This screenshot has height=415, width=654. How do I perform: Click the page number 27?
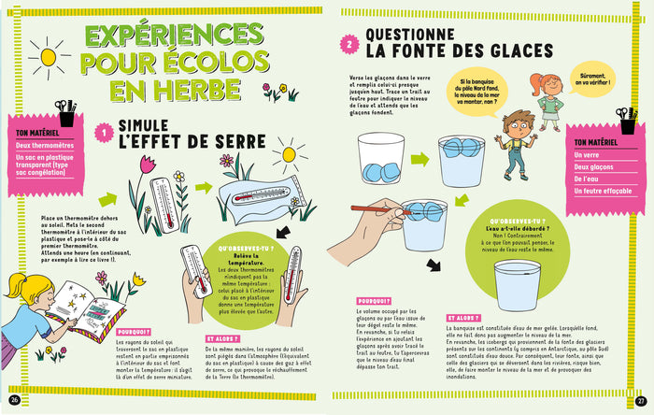(x=640, y=390)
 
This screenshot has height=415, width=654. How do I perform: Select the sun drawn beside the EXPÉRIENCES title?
(x=47, y=54)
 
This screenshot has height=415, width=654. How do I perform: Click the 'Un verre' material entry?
(x=587, y=155)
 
